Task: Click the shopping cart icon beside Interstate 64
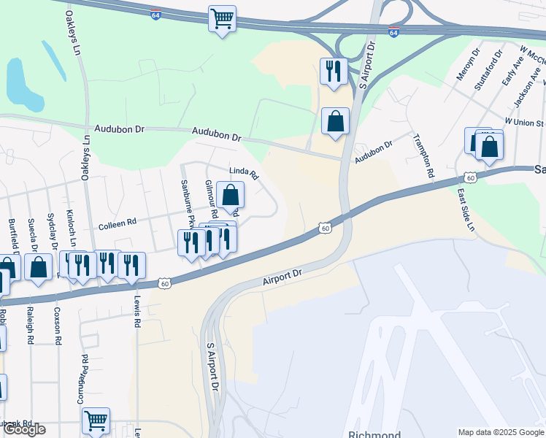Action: pos(222,18)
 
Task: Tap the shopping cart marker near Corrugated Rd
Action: pos(96,420)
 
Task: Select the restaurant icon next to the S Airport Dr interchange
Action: pos(334,71)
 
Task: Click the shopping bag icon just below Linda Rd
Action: pos(230,194)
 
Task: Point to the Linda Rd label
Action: pos(245,174)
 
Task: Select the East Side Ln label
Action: pos(466,210)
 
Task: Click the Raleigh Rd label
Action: pos(31,328)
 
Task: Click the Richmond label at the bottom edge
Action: pos(374,434)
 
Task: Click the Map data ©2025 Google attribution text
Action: pos(500,432)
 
